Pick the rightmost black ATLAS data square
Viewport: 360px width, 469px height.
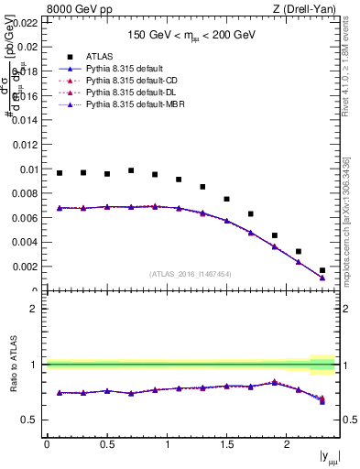pos(322,270)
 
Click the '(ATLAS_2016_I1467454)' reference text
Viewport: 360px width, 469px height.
pos(190,273)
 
